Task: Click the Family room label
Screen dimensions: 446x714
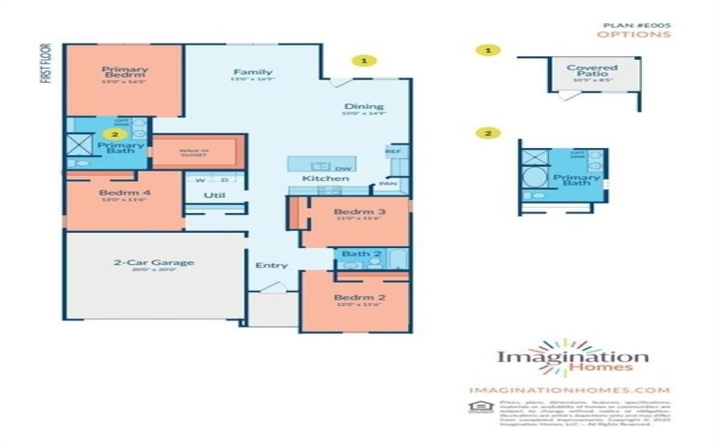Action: (253, 72)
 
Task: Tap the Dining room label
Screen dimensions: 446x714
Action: (364, 107)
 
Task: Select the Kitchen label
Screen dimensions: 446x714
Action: (319, 179)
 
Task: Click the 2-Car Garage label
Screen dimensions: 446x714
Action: (154, 262)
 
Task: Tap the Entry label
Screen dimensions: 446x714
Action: (271, 265)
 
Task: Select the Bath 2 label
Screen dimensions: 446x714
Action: (361, 254)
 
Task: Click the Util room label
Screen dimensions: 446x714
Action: (214, 194)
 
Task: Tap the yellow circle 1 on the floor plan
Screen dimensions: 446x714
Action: (363, 61)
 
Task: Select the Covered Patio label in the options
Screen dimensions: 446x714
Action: (592, 70)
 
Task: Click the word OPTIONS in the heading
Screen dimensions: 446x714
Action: (634, 35)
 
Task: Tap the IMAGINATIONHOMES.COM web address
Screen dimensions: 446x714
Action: (569, 390)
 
